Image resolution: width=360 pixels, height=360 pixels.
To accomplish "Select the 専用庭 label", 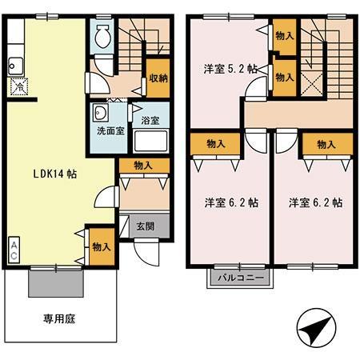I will coord(58,318).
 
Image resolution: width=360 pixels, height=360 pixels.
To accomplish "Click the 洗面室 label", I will coord(109,130).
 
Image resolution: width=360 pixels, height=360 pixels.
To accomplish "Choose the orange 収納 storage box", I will coord(157,78).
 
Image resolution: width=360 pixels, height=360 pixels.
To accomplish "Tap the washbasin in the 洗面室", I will coord(102,112).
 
